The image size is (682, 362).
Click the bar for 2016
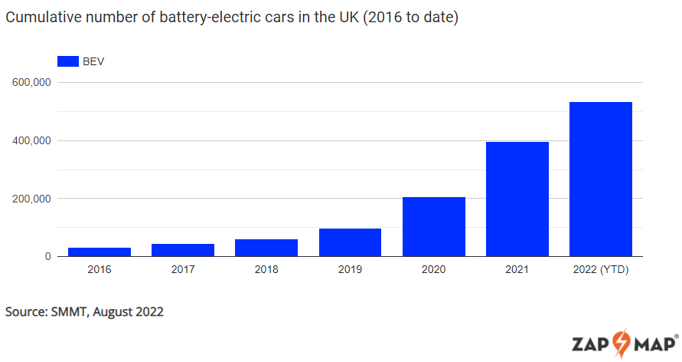click(x=100, y=252)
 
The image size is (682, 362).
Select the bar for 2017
click(x=183, y=250)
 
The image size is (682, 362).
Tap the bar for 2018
click(x=266, y=248)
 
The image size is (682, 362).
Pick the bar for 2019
click(x=350, y=242)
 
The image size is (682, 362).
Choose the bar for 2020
click(x=434, y=226)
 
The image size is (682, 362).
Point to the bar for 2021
click(x=517, y=199)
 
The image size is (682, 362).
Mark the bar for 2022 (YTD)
click(x=601, y=179)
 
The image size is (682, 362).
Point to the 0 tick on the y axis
click(x=47, y=257)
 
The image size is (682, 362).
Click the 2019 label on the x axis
click(x=350, y=270)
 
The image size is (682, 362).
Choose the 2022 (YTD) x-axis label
click(x=601, y=270)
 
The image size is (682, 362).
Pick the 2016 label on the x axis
click(x=100, y=270)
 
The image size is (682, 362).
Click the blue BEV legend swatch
click(x=68, y=61)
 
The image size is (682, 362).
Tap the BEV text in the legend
click(x=93, y=61)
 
